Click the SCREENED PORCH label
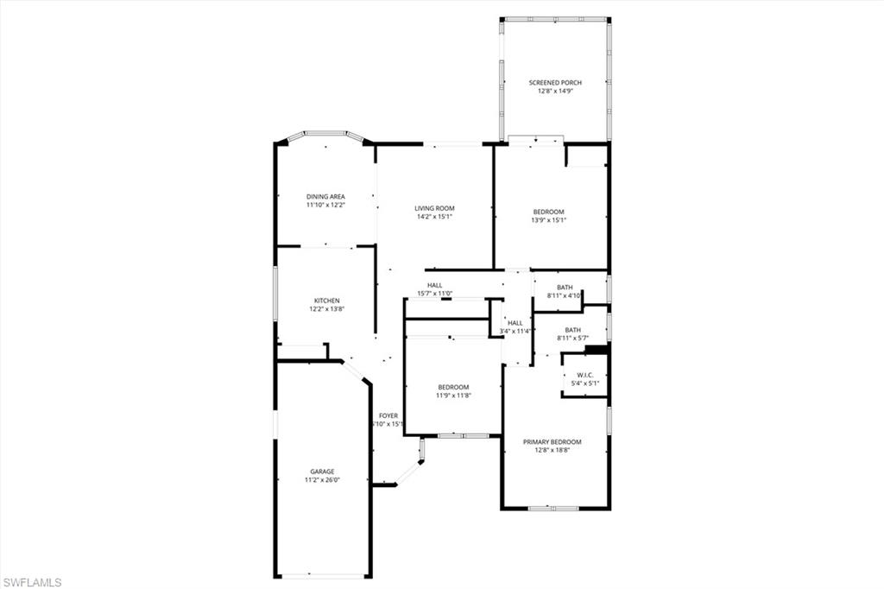555,83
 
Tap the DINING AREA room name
325,197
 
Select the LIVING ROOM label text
434,208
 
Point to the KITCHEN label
326,301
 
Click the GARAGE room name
322,472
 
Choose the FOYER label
388,415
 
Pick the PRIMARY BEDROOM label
552,441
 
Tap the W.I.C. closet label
584,375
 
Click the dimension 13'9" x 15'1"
548,220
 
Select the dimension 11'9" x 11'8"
453,396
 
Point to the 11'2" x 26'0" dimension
322,480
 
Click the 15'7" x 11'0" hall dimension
434,294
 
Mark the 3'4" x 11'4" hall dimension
515,331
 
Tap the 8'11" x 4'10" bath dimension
565,296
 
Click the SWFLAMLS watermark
32,582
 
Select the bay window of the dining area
325,134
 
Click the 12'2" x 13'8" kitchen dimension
326,309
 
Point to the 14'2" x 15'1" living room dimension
434,217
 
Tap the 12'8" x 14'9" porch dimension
555,92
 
